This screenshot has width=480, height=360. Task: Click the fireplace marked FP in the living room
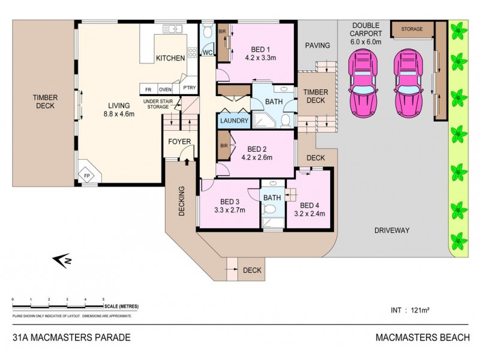pos(87,175)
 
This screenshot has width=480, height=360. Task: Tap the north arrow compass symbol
pos(62,259)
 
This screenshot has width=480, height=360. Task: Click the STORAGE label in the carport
pos(412,29)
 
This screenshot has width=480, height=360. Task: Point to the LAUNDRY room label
pos(234,121)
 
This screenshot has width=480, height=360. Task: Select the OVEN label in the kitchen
pos(165,89)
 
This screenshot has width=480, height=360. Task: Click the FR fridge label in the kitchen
pos(148,89)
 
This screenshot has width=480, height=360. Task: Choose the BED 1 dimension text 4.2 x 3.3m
pos(260,59)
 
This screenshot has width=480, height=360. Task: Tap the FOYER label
pos(179,142)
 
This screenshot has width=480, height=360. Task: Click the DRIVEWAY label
pos(391,230)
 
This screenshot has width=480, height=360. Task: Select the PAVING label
pos(317,46)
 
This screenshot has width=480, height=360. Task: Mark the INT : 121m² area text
pos(408,310)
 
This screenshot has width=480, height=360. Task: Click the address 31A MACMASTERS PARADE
pos(71,337)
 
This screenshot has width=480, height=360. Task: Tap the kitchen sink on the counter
pos(173,28)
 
